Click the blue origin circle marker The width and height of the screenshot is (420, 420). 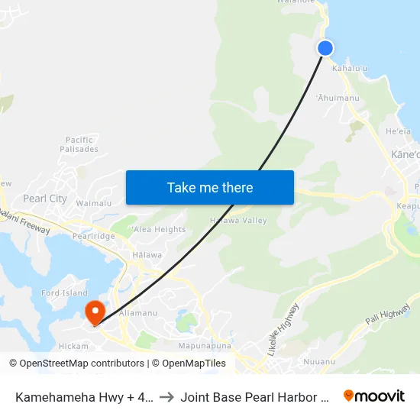click(x=325, y=48)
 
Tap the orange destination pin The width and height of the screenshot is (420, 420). click(x=95, y=312)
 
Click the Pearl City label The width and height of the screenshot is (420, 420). click(x=45, y=199)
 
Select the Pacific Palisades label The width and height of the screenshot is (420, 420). click(x=79, y=144)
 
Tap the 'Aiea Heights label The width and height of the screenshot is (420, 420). click(x=158, y=229)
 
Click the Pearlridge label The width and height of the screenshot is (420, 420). click(x=93, y=236)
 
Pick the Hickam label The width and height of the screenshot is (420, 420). click(x=74, y=346)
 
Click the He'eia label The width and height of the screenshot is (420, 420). click(x=399, y=132)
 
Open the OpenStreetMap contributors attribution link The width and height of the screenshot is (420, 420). click(x=77, y=363)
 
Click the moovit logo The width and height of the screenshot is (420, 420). click(x=374, y=396)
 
